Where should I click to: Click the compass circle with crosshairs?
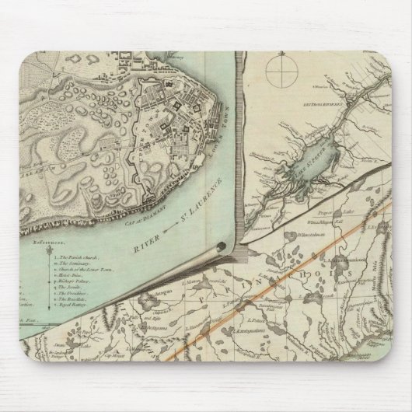(278, 75)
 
